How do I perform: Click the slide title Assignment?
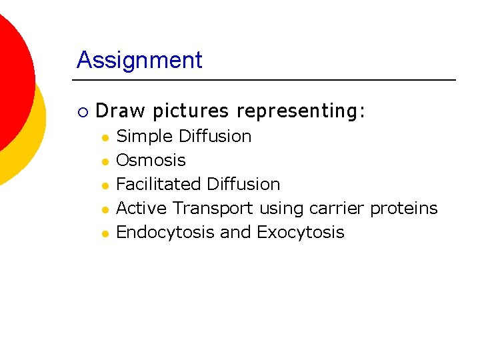pos(139,60)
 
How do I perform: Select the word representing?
pos(301,111)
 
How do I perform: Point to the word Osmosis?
pos(151,161)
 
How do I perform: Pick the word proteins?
pos(404,209)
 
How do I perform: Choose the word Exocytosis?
pos(300,233)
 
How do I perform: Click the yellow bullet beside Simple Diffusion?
pos(105,137)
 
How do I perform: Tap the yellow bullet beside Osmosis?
pos(105,161)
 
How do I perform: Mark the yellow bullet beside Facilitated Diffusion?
pos(105,185)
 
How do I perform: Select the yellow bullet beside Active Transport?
pos(105,209)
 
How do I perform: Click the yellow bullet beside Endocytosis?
pos(105,233)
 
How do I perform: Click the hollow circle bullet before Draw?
pos(81,111)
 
